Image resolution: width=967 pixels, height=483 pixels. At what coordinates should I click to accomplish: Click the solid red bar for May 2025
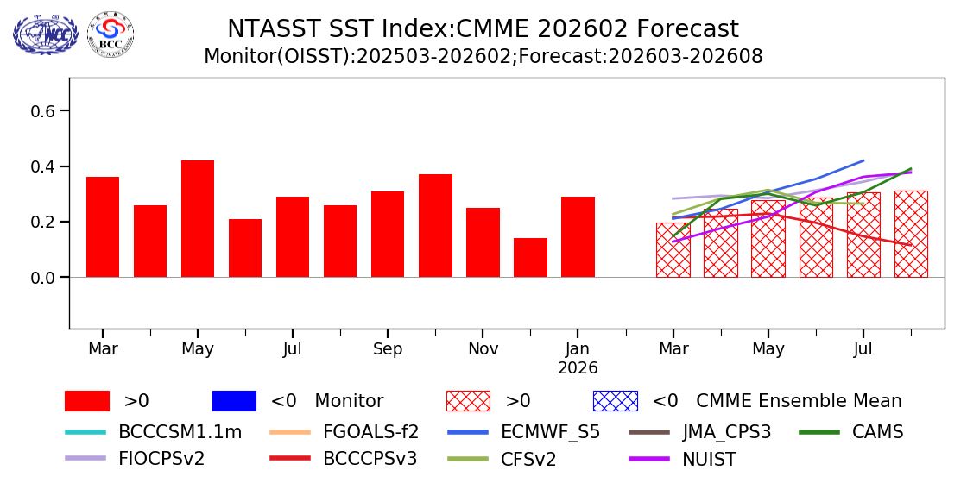click(x=198, y=218)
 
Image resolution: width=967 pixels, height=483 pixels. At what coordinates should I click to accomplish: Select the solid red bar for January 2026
click(x=578, y=236)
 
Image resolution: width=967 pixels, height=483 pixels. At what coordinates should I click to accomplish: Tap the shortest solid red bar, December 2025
click(x=530, y=257)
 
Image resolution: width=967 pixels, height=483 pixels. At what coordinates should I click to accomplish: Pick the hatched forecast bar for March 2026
click(x=673, y=250)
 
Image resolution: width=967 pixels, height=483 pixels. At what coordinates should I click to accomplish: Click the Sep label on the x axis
click(x=388, y=349)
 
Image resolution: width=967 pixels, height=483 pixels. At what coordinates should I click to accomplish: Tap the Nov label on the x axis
click(x=483, y=349)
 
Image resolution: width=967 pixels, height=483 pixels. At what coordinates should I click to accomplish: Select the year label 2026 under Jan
click(x=578, y=368)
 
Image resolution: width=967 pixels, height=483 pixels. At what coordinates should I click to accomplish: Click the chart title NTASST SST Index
click(x=483, y=29)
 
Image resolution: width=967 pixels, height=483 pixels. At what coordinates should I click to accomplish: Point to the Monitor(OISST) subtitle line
click(x=483, y=57)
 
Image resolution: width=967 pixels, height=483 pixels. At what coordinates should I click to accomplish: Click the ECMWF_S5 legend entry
click(x=550, y=432)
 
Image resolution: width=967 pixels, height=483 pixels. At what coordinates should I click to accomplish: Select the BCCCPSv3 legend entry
click(x=370, y=459)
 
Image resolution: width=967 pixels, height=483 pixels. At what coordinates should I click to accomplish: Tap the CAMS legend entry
click(x=877, y=432)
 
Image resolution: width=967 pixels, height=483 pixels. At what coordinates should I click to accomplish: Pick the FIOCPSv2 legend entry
click(x=161, y=459)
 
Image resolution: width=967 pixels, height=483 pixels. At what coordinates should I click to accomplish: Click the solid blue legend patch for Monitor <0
click(x=234, y=401)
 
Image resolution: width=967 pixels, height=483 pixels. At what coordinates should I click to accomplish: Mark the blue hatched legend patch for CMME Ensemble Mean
click(x=615, y=401)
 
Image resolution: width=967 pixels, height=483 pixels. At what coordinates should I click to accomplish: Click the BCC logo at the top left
click(x=111, y=34)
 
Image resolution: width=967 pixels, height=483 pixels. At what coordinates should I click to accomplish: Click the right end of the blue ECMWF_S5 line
click(x=863, y=160)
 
